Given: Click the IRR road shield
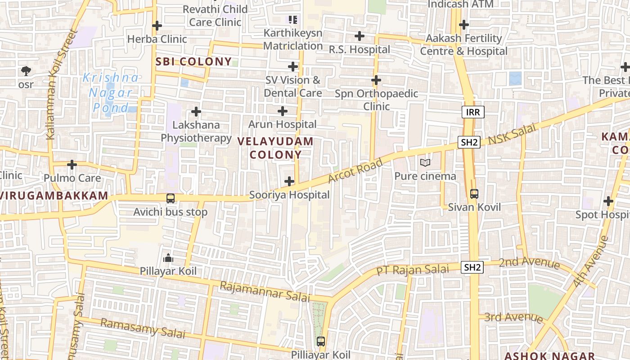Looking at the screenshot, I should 473,112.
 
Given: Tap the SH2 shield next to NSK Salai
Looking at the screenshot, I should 469,142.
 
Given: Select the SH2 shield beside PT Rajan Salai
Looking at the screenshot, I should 472,267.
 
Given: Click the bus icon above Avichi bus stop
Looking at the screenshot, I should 171,198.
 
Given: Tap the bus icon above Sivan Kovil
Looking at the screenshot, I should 474,194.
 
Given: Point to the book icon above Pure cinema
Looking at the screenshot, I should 425,162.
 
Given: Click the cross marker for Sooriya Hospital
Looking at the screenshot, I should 289,181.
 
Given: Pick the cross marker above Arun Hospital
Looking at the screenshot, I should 283,111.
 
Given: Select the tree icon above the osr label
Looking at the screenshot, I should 26,71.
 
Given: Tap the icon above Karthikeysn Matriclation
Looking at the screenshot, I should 293,20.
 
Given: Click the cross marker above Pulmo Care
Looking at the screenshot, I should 72,165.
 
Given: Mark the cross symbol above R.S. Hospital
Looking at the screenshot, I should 359,36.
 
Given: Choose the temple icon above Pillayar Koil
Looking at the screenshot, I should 168,258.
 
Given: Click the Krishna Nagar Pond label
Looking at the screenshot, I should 111,93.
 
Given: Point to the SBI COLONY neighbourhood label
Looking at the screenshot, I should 193,62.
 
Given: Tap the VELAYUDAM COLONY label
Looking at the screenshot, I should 275,148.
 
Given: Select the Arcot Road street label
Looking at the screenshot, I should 355,170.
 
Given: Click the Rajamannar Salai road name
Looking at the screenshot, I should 265,292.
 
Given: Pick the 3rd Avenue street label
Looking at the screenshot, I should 513,317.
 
